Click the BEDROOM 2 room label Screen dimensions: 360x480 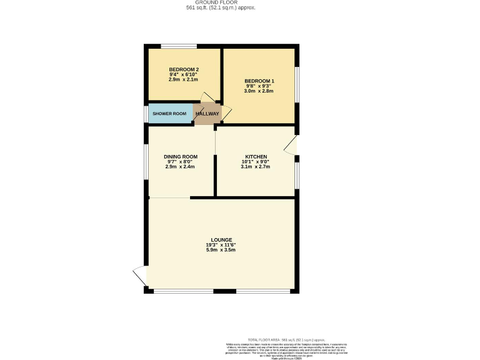[184, 69]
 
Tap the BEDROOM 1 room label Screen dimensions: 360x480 [259, 81]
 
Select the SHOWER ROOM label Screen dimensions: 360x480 [170, 114]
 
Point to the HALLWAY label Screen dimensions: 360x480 [207, 114]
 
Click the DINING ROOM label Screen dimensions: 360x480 [181, 156]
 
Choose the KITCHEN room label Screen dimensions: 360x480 [256, 156]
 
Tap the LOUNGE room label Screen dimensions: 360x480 [221, 240]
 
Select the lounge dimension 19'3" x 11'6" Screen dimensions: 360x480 [221, 245]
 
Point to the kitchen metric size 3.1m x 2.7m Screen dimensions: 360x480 [256, 167]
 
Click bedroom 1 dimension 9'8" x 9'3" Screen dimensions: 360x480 [259, 86]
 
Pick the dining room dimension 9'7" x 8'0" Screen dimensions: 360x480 [181, 162]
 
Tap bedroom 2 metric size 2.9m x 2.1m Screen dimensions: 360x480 [184, 79]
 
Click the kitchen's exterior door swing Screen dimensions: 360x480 [291, 145]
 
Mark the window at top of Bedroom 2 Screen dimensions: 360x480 [179, 46]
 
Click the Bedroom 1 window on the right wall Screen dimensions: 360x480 [297, 83]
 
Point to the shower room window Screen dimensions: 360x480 [146, 114]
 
